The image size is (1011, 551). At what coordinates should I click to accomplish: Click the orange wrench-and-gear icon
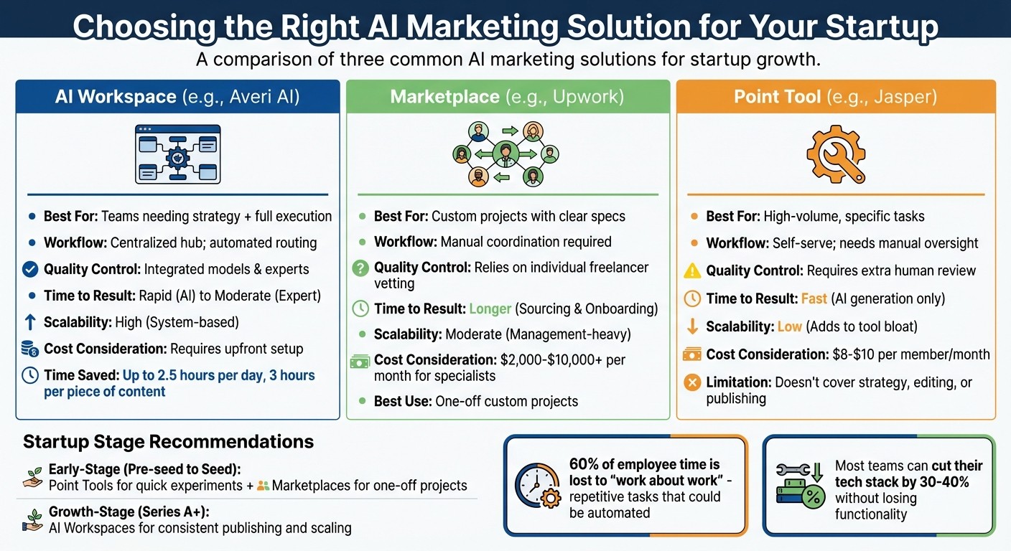835,154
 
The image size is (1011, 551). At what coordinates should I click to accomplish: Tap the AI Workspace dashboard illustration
178,154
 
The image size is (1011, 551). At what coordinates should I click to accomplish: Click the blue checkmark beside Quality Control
30,269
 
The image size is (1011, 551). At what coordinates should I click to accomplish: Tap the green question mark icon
360,268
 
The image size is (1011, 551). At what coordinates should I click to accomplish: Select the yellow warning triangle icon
692,270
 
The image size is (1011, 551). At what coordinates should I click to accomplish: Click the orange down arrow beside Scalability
692,326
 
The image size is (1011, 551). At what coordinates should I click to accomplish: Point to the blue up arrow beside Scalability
30,323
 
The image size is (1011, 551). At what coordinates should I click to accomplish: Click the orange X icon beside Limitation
692,382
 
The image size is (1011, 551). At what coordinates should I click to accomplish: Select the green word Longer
490,309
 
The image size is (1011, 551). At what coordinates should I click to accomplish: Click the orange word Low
789,326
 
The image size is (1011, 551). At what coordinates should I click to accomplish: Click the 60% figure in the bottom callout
584,464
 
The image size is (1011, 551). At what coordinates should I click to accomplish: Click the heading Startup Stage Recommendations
168,441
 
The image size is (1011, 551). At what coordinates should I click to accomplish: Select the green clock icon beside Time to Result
360,309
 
